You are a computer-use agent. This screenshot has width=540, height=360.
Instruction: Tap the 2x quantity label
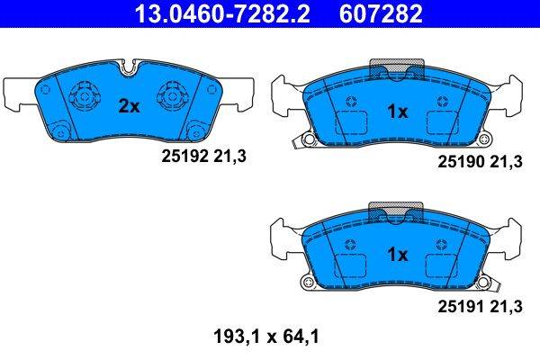coord(130,106)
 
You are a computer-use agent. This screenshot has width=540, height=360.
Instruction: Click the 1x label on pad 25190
coord(397,112)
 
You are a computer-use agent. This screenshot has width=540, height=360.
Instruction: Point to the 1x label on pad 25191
coord(397,255)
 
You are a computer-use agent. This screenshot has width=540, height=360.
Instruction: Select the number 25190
coord(456,163)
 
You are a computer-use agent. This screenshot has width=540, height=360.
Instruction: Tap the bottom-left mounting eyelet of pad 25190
coord(308,139)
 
